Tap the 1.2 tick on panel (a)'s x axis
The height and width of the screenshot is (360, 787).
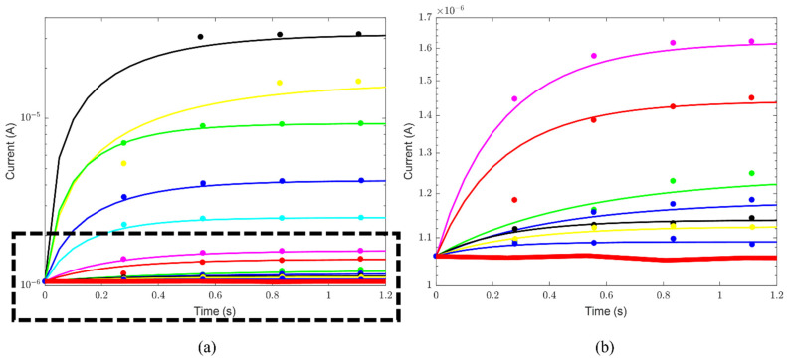(386, 296)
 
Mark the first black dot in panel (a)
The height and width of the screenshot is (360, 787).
(200, 37)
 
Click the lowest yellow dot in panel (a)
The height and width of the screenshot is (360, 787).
(123, 163)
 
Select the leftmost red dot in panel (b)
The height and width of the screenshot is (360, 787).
(514, 200)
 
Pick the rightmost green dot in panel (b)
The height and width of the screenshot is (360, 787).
(751, 173)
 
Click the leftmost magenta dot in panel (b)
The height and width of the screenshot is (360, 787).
(514, 98)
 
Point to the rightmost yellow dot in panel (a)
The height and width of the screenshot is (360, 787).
(358, 81)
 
